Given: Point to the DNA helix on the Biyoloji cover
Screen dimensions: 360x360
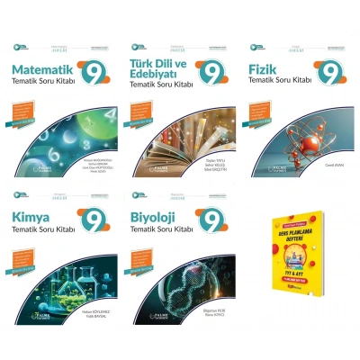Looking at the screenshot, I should point(184,288).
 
